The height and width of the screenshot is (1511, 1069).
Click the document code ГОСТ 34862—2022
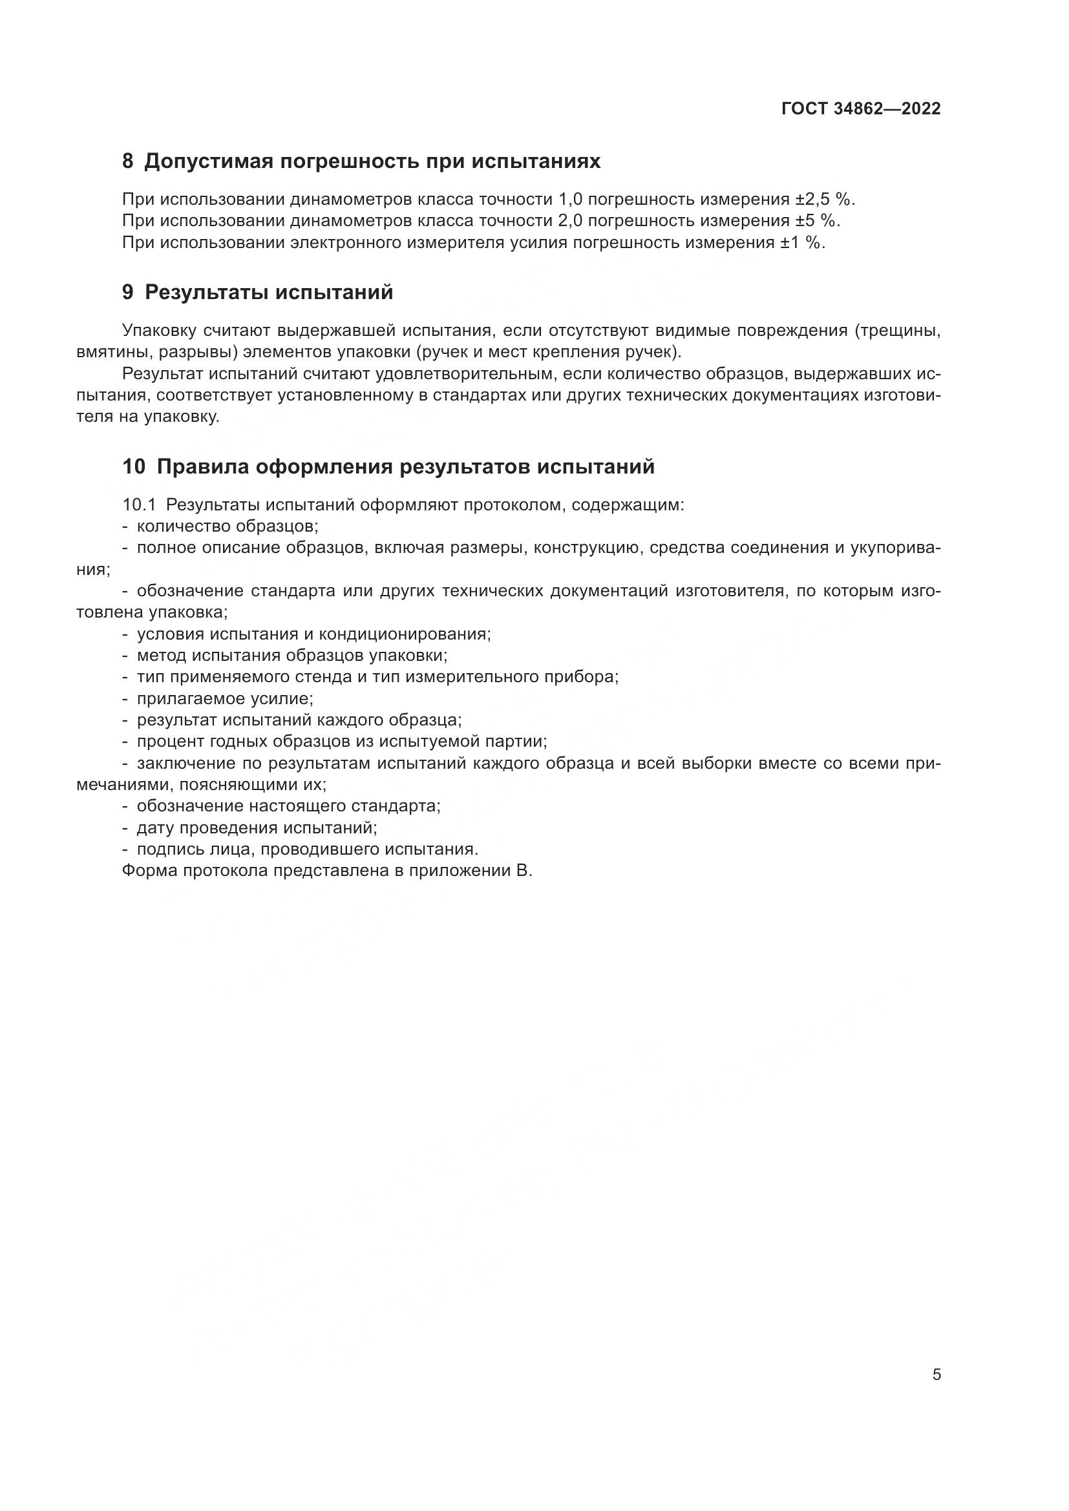(x=861, y=109)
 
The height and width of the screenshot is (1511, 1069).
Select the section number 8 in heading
(x=128, y=162)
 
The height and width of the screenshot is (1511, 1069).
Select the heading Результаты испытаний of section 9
(x=269, y=293)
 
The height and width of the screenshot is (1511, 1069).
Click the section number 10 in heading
(x=134, y=467)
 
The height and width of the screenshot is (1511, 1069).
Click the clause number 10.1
(x=138, y=505)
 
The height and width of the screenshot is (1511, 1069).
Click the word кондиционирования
(x=404, y=634)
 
